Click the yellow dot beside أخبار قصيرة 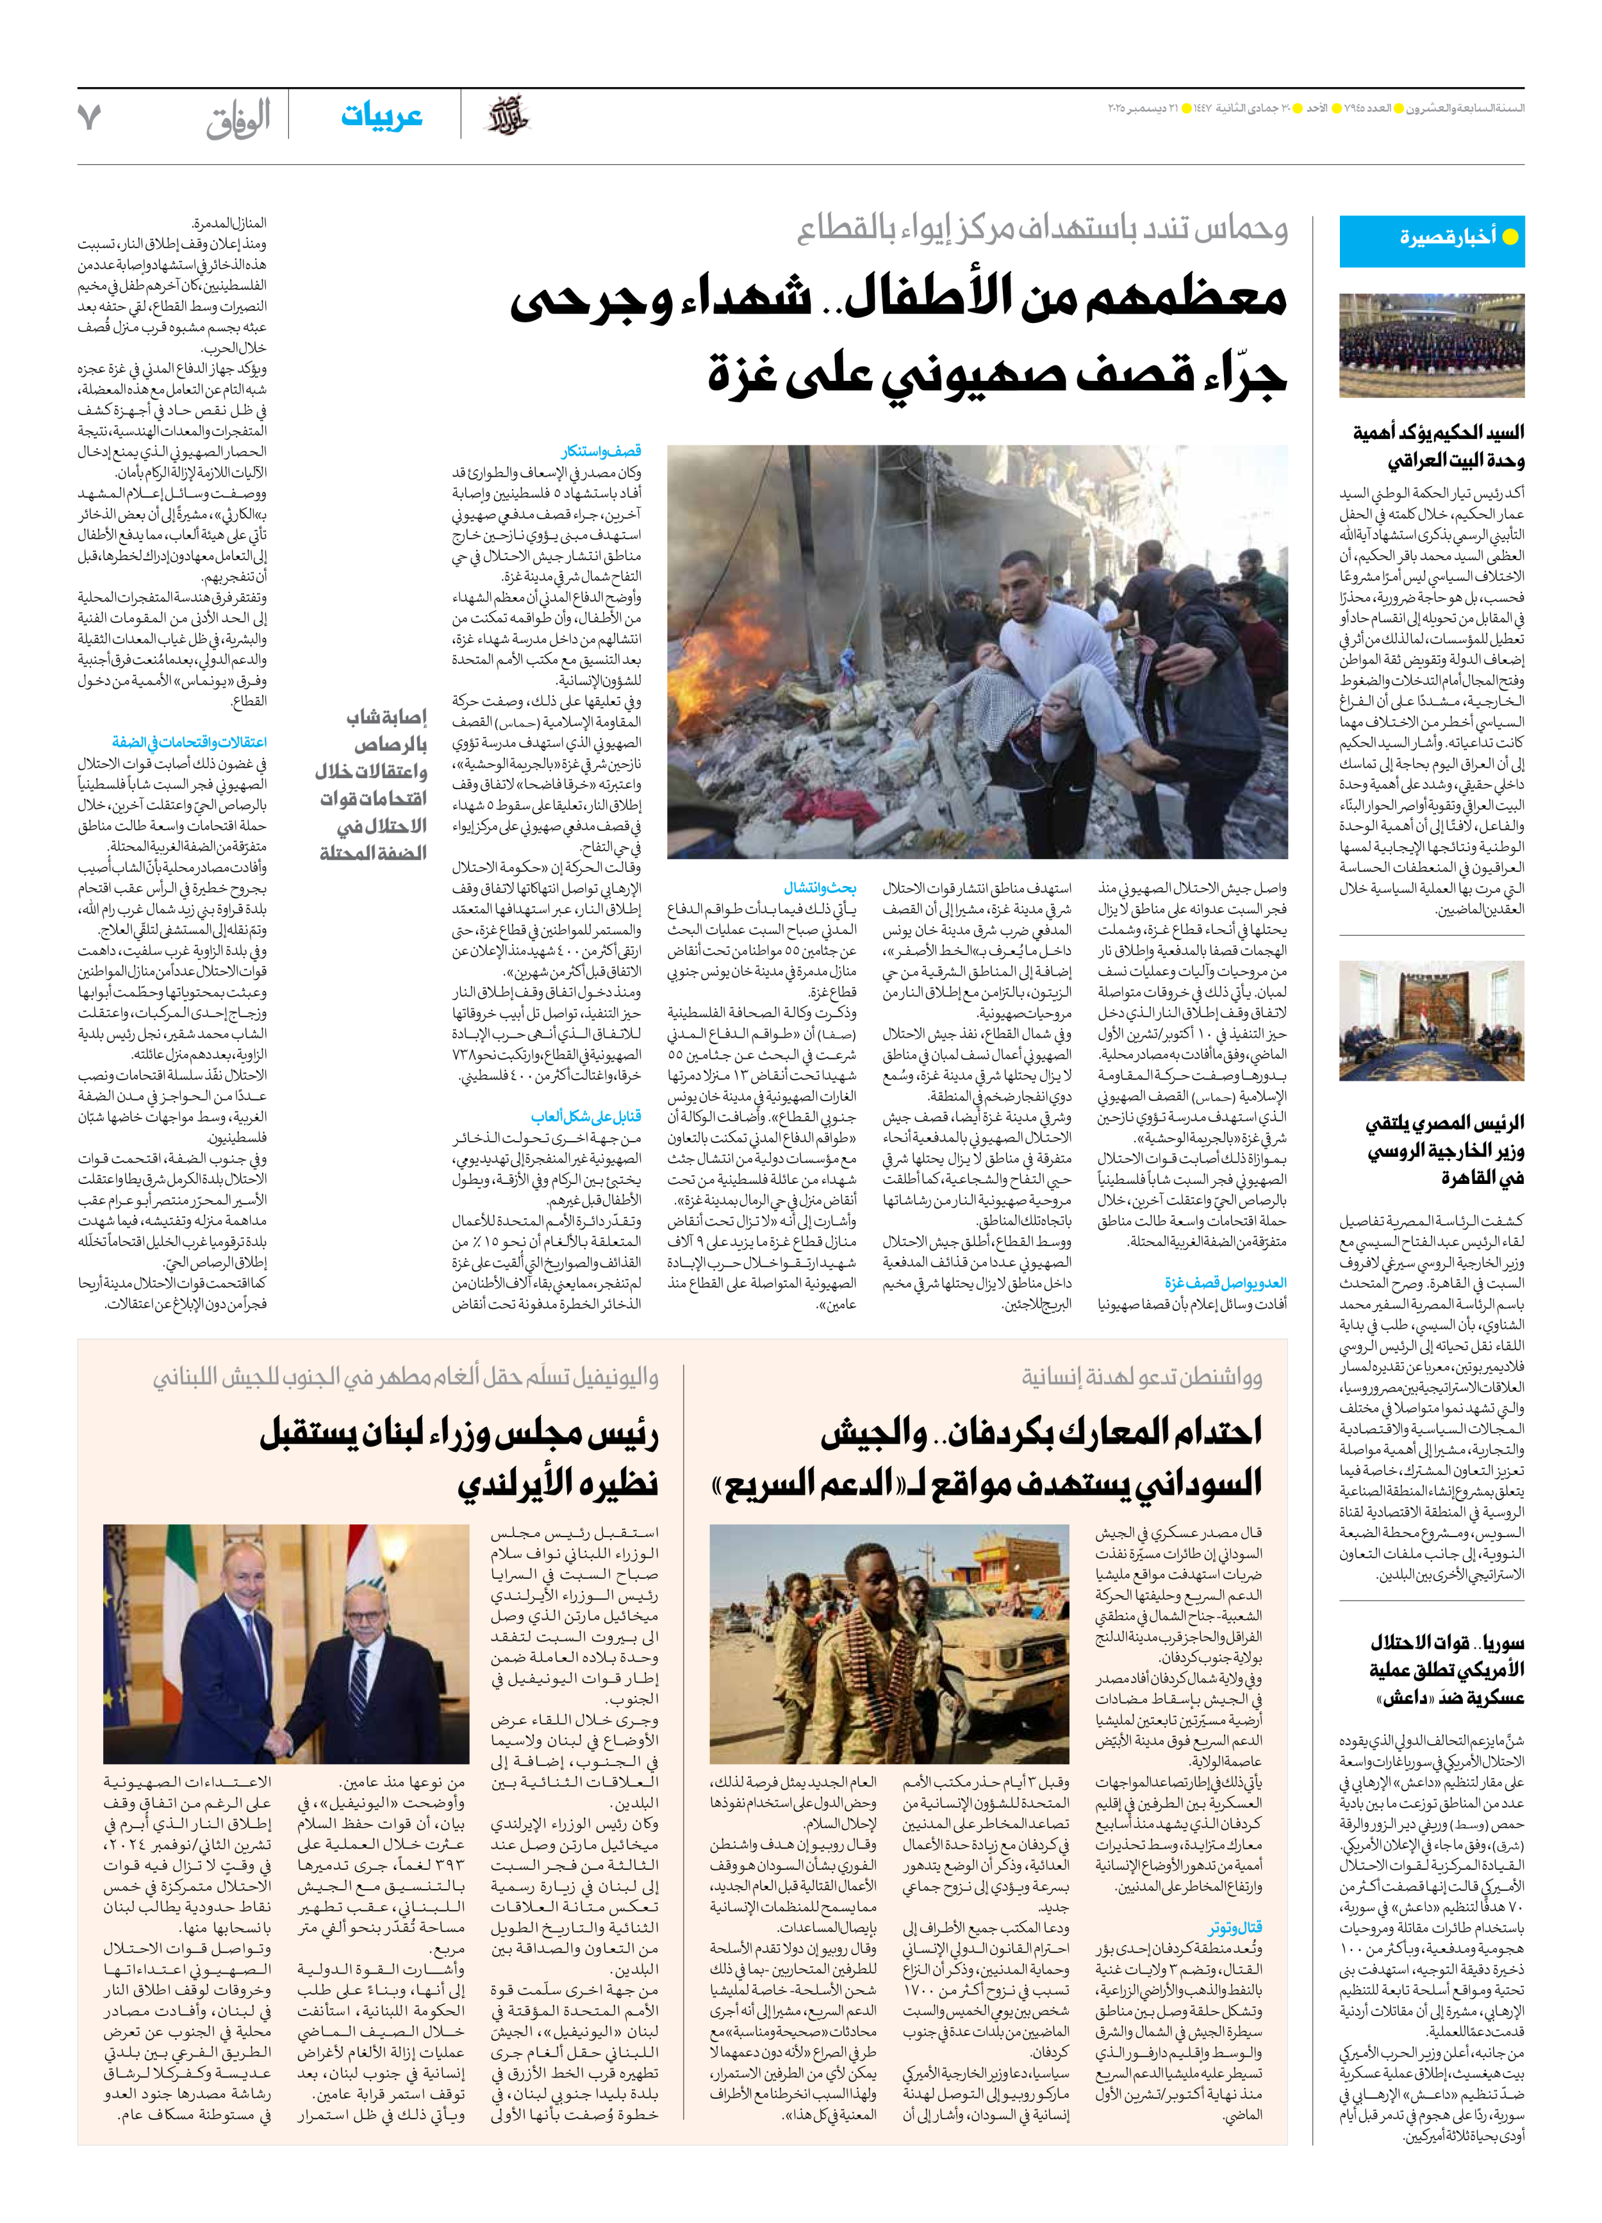point(1510,237)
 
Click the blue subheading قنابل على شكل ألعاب point(586,1117)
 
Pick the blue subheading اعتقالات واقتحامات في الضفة point(189,742)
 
